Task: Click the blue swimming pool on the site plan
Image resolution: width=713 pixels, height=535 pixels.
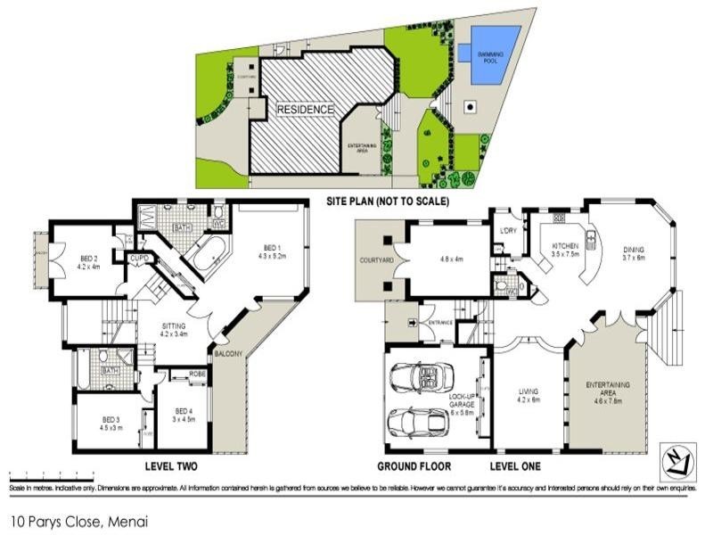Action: [x=495, y=55]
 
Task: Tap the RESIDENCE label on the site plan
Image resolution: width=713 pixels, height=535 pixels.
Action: [x=305, y=110]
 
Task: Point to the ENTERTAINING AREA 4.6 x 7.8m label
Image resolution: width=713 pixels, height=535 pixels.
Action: [x=608, y=389]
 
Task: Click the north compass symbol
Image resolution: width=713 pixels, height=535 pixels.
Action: [x=679, y=457]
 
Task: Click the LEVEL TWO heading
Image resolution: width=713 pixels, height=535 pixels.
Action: [x=170, y=466]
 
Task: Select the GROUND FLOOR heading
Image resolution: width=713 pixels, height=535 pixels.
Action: [x=414, y=466]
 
